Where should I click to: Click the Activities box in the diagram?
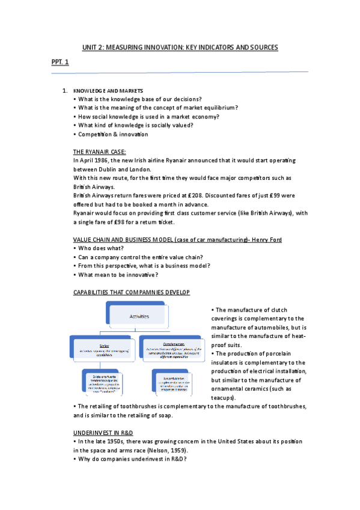pyautogui.click(x=136, y=316)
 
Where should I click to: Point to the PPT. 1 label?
pyautogui.click(x=59, y=62)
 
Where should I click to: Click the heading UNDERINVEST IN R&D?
pyautogui.click(x=103, y=432)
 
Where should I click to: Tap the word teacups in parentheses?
pyautogui.click(x=222, y=398)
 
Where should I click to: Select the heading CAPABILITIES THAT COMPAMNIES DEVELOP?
pyautogui.click(x=131, y=292)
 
